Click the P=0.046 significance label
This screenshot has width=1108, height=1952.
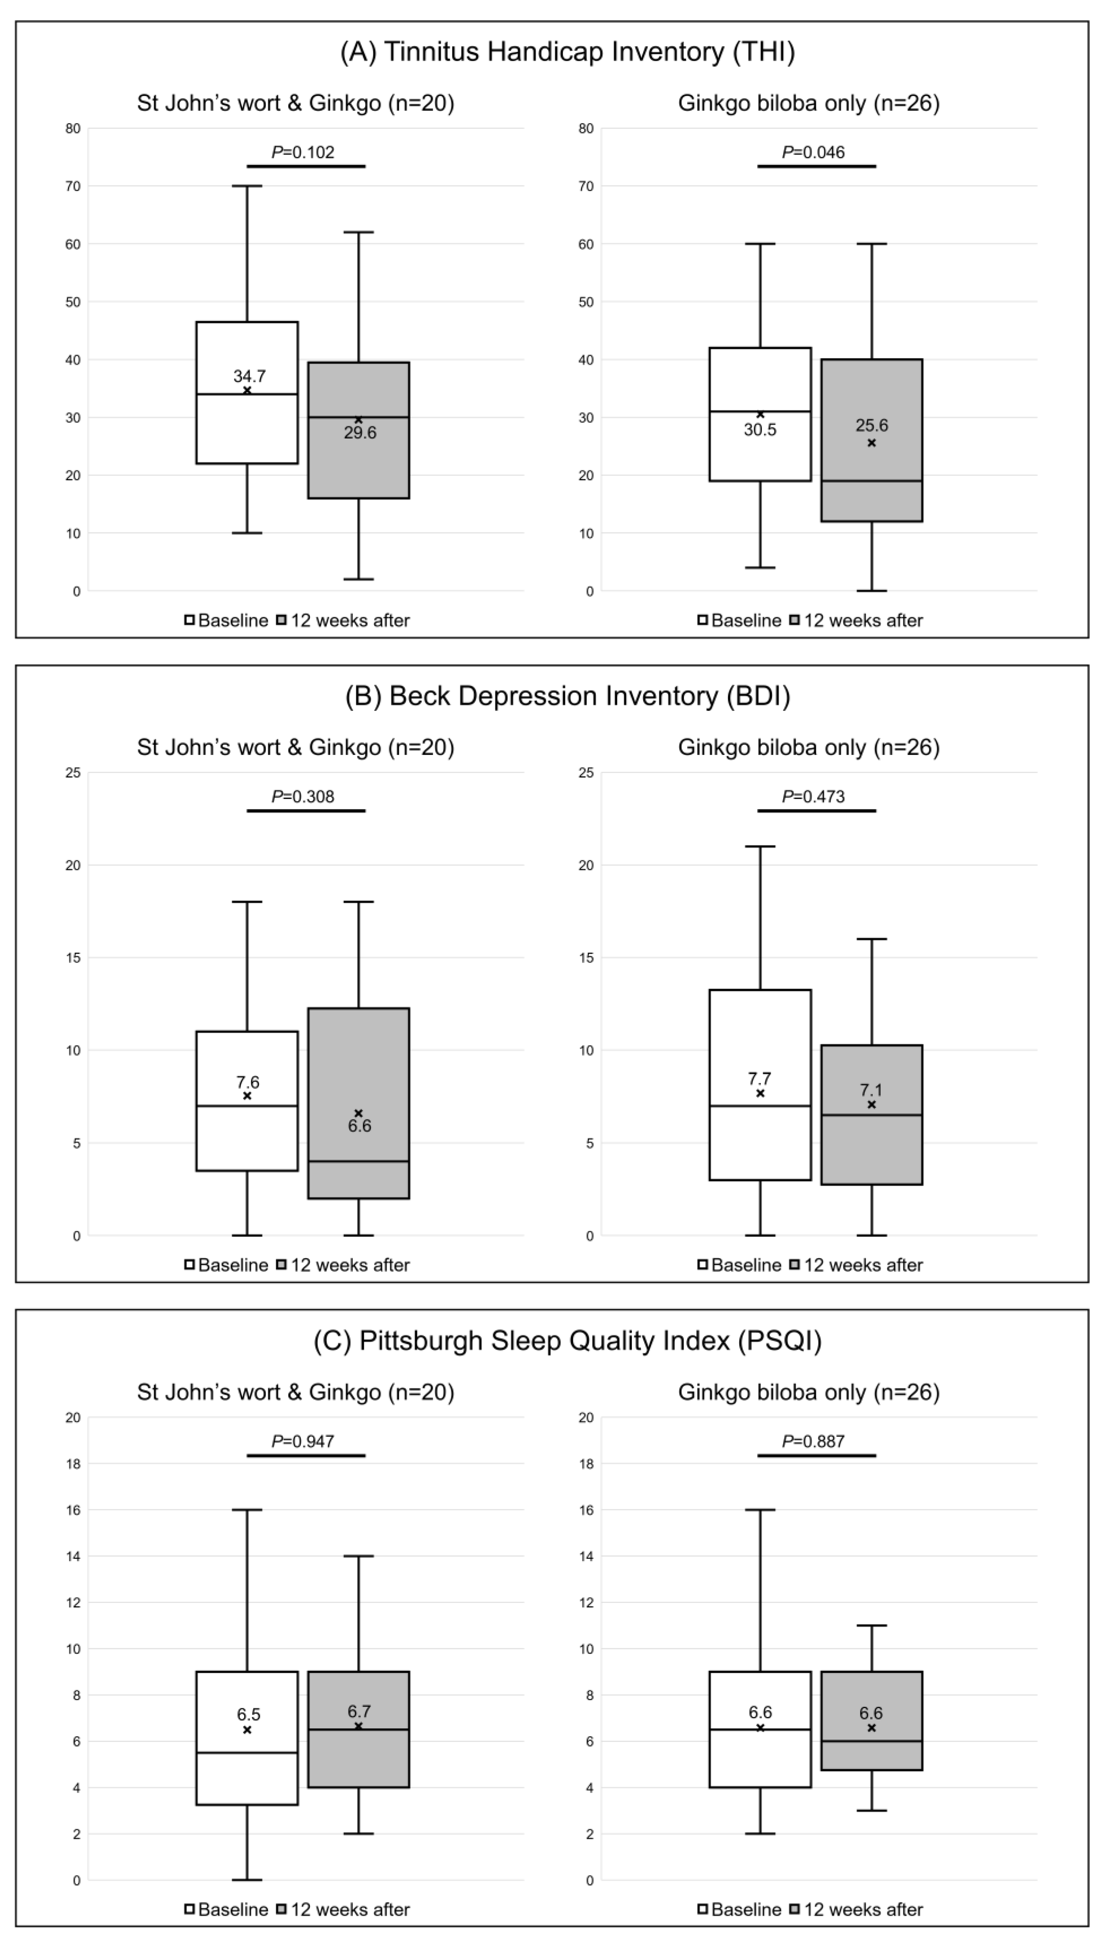813,152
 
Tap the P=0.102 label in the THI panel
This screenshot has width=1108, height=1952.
303,152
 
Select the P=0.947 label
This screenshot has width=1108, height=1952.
303,1441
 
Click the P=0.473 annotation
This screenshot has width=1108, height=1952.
813,796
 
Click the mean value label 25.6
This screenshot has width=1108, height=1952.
871,425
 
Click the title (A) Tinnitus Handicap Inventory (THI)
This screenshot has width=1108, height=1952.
567,52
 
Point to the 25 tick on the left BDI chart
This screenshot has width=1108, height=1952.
73,773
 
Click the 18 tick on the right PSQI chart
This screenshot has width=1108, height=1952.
586,1463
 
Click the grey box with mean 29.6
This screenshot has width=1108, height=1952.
358,464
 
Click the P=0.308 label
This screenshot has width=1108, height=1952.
303,796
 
